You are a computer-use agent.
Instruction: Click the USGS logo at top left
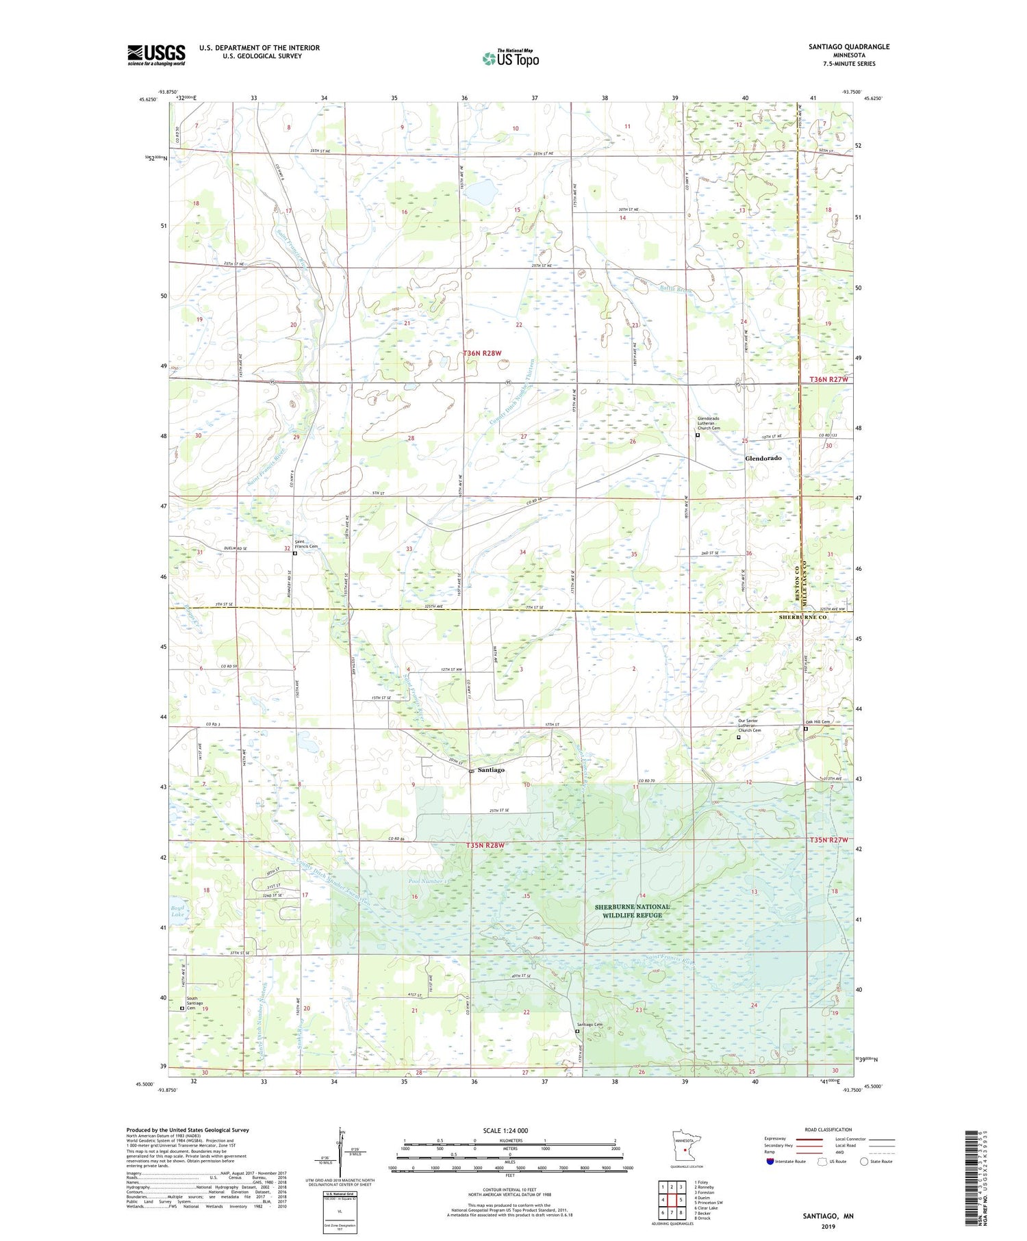click(156, 55)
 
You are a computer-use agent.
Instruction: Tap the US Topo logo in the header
click(511, 58)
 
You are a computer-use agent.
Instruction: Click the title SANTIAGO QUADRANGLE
click(849, 47)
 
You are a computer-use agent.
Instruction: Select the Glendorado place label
click(763, 458)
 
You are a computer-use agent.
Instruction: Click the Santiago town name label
click(491, 770)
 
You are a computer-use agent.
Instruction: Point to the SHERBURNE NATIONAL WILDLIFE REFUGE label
click(632, 910)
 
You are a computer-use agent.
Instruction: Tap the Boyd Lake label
click(177, 911)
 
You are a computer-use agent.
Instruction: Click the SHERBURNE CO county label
click(803, 617)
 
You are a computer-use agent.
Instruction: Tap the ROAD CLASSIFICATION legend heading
click(828, 1129)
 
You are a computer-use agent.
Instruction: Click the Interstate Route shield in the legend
click(770, 1161)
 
